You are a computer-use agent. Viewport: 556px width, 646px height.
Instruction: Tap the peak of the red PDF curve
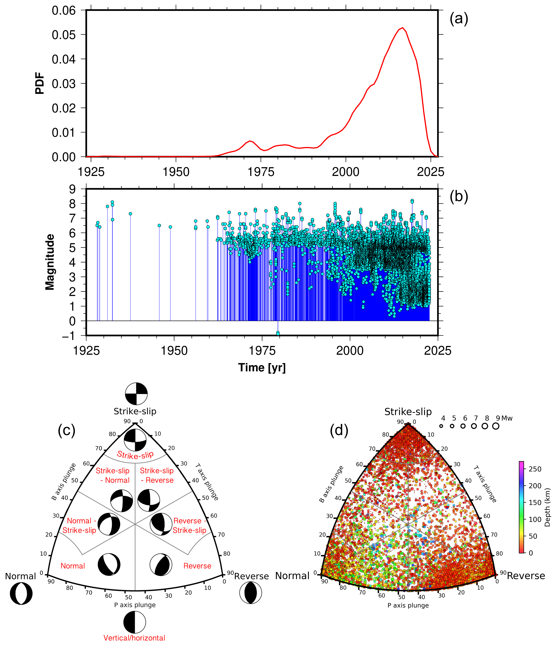(x=403, y=28)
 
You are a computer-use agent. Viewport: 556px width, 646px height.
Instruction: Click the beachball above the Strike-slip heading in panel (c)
(x=136, y=394)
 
